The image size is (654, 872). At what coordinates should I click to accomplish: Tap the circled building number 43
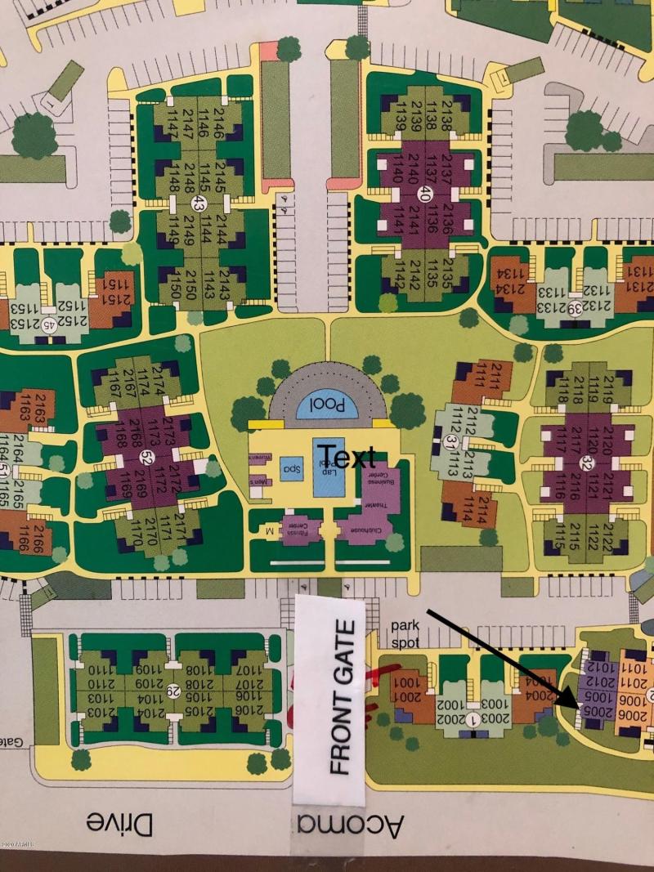point(198,202)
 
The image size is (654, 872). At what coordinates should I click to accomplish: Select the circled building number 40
point(424,194)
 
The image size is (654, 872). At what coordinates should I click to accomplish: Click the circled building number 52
point(147,456)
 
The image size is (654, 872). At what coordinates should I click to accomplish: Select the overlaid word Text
point(347,456)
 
